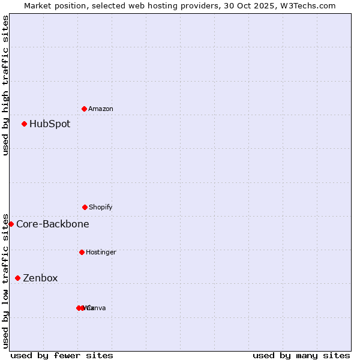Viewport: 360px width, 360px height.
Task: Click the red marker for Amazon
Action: point(84,109)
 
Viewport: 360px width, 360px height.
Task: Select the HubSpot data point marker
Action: point(24,124)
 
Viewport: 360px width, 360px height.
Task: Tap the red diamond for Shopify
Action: point(85,207)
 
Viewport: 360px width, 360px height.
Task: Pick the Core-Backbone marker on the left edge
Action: point(11,224)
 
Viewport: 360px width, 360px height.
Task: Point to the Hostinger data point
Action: point(82,252)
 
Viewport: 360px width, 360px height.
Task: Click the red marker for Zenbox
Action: point(17,278)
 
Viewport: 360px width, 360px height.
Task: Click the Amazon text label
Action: point(100,109)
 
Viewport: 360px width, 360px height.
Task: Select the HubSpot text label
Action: point(50,124)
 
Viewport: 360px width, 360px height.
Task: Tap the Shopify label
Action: point(100,207)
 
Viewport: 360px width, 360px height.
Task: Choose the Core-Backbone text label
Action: point(53,224)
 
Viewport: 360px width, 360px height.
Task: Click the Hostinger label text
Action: point(101,252)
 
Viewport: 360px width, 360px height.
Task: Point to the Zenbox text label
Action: point(40,278)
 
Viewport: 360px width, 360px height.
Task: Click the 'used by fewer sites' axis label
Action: point(62,355)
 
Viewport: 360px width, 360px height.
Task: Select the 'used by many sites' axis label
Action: point(301,355)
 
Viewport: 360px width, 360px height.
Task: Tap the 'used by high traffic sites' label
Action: point(5,85)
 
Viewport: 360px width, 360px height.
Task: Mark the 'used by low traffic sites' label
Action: point(5,280)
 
